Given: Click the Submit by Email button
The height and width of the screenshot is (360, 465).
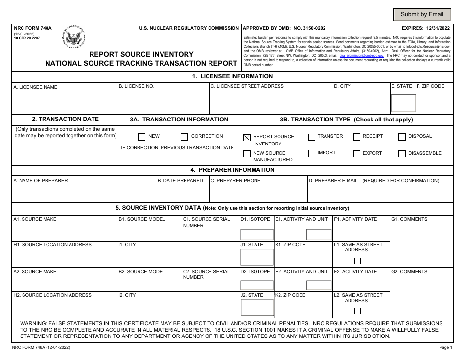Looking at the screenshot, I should tap(422, 14).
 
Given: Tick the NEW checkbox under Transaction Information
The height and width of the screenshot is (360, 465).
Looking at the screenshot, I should tap(141, 137).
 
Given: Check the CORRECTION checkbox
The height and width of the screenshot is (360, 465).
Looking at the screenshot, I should tap(184, 137).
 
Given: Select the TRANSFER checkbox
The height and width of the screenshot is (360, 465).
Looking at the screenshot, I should tap(312, 137).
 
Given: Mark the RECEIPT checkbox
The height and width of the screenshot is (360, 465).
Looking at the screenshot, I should tap(357, 137).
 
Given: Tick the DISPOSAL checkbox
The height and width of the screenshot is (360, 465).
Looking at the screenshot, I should tap(402, 137).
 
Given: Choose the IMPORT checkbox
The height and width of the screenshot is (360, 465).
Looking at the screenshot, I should tap(312, 153).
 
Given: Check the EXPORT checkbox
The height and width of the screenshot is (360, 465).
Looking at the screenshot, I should tap(357, 153).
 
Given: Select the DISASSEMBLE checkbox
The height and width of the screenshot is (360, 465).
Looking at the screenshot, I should tap(402, 153).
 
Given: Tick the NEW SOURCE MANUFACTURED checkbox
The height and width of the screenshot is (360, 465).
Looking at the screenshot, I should tap(247, 154).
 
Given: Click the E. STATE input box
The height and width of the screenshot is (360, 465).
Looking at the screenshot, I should tap(403, 103).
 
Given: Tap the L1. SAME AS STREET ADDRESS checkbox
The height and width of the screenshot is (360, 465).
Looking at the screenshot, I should tap(357, 261).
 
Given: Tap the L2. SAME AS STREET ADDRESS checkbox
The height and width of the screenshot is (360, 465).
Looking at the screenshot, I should tap(357, 311).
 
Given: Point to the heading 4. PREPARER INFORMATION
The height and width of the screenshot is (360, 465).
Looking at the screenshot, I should tap(232, 170).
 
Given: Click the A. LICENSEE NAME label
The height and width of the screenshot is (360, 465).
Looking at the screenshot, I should tap(35, 87).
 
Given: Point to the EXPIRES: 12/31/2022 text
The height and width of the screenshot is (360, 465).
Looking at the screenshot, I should tap(426, 29).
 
